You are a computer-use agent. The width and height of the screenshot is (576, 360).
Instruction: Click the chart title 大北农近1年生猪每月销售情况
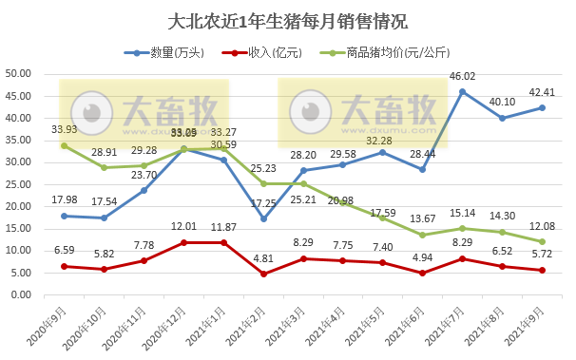pos(287,21)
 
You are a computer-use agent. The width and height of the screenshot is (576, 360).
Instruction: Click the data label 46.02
pos(462,77)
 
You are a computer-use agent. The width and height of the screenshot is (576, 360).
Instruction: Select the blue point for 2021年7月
pos(462,91)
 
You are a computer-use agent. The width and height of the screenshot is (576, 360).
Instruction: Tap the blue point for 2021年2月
pos(262,219)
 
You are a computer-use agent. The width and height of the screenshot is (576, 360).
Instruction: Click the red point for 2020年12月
pos(182,242)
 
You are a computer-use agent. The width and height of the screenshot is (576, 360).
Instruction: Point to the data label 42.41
pos(543,92)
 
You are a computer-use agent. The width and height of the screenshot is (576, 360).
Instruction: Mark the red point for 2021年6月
pos(422,274)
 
